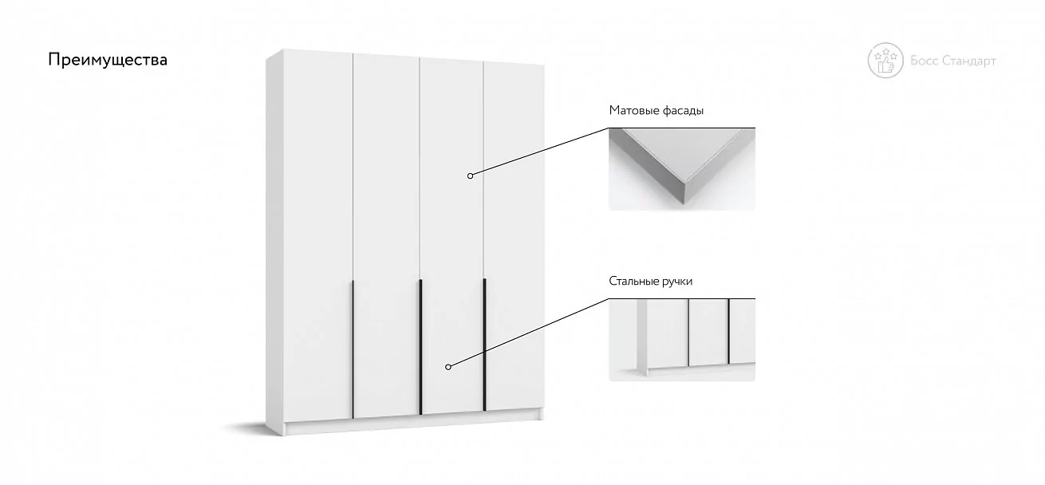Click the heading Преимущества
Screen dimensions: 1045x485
[x=108, y=60]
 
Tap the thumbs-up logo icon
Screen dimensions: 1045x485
[x=885, y=61]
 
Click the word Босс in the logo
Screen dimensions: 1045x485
[x=924, y=61]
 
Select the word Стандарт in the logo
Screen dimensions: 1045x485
[x=969, y=61]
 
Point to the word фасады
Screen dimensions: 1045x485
[x=683, y=111]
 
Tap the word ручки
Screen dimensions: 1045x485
[x=677, y=282]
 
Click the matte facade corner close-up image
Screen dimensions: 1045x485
[x=682, y=169]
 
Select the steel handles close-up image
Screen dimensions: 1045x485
[x=682, y=340]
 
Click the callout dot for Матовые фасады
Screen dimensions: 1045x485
[x=471, y=175]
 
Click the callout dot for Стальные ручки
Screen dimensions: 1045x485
[x=448, y=367]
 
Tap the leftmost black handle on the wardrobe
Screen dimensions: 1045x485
[x=353, y=349]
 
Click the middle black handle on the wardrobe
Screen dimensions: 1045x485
[x=420, y=347]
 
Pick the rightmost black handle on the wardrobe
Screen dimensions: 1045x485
[x=485, y=345]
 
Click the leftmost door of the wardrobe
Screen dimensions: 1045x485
[x=318, y=235]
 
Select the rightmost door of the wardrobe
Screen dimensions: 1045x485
[x=515, y=237]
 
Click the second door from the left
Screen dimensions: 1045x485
[x=387, y=235]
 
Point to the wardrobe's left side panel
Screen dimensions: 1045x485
[x=274, y=242]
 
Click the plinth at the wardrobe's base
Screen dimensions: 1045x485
[x=414, y=423]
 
